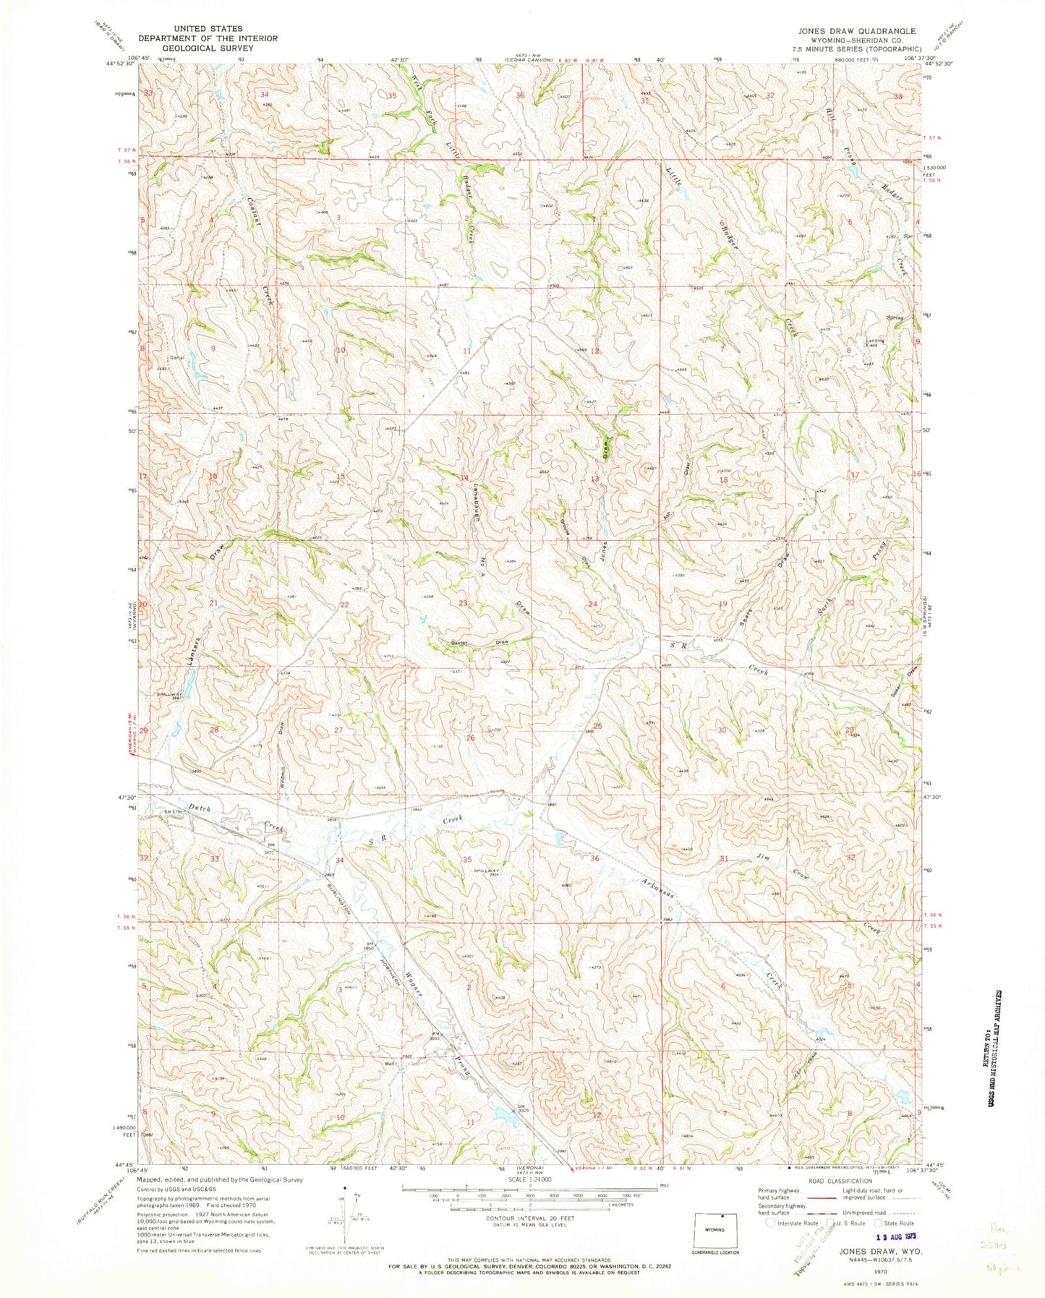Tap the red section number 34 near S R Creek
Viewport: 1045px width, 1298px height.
[339, 860]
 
